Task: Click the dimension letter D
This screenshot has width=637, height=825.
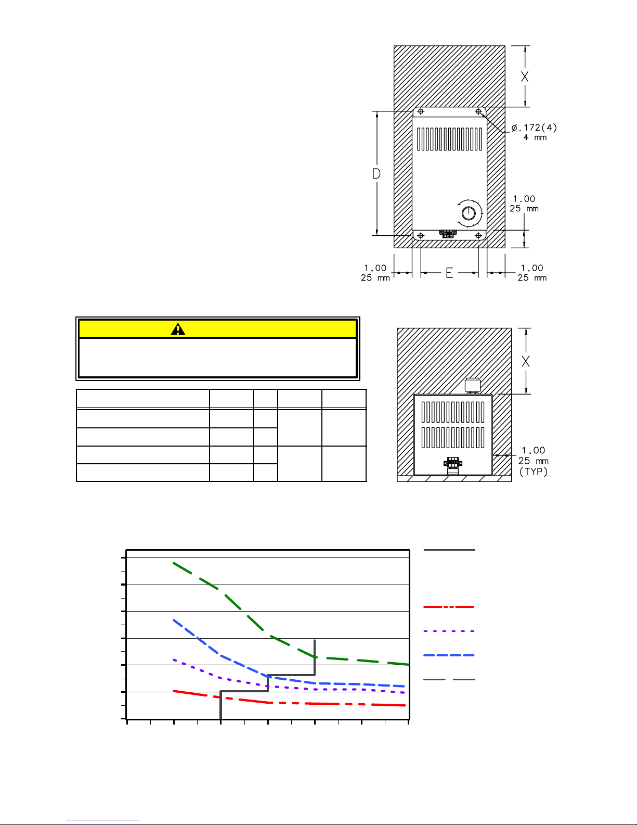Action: (376, 173)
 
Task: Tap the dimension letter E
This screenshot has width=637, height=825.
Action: (449, 273)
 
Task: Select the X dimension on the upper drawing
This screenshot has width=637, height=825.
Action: (525, 77)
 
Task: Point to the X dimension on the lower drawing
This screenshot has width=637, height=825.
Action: (526, 361)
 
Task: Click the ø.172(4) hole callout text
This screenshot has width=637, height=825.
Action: (534, 128)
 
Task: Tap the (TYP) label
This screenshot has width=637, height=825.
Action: (534, 472)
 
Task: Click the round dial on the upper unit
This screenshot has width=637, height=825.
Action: (469, 213)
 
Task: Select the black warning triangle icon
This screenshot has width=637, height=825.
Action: (178, 329)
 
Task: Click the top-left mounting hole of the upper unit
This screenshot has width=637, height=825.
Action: (421, 111)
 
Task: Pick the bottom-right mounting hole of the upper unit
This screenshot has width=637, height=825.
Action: (478, 236)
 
